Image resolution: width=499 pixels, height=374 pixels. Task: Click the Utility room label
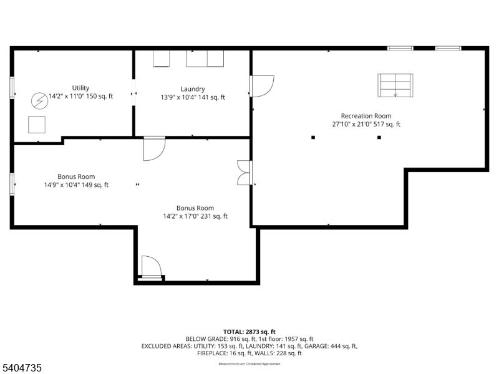pos(80,88)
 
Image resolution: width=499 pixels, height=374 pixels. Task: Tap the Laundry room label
pos(193,89)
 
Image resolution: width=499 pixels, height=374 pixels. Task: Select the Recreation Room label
pos(366,116)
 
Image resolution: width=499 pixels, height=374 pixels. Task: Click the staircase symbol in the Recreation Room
pos(395,85)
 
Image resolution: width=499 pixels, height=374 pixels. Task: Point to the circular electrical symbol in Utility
pos(39,100)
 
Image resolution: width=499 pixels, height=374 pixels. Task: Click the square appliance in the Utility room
pos(37,125)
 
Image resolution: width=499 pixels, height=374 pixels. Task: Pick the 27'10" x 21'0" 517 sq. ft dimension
pos(366,124)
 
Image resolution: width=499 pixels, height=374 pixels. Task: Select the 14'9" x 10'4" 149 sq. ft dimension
pos(76,185)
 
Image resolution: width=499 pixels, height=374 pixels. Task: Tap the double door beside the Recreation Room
pos(244,173)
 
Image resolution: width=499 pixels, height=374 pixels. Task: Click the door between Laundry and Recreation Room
pos(261,86)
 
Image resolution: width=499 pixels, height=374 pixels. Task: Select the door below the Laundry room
pos(153,149)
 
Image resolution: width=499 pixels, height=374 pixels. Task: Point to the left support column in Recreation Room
pos(313,137)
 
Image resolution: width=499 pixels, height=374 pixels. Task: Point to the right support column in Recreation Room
pos(379,137)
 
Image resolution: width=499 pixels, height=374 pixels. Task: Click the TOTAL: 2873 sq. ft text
pos(249,332)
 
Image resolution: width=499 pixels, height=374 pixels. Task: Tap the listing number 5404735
pos(22,368)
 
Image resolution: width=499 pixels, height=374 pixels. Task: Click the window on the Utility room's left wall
pos(12,87)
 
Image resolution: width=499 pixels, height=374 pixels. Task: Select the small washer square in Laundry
pos(162,58)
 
